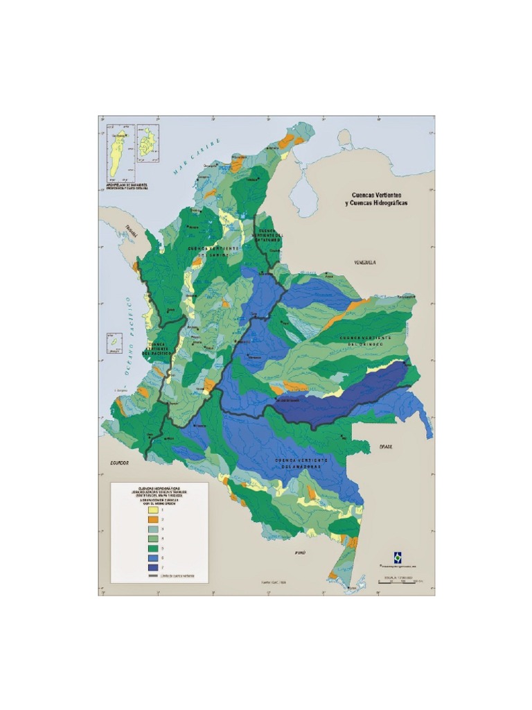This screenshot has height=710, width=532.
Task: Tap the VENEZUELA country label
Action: click(364, 263)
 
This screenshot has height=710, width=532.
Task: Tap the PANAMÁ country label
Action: click(131, 234)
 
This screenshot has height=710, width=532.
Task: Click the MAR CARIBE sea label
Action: click(197, 156)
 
